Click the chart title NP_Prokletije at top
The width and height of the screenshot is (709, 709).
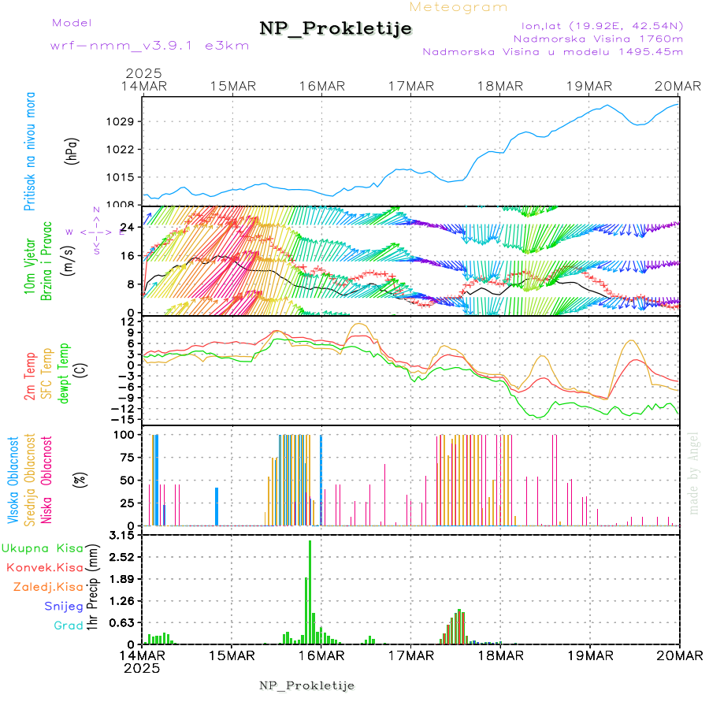click(x=336, y=29)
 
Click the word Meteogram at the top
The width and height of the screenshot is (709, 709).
click(x=458, y=7)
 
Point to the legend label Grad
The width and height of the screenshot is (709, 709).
click(x=68, y=625)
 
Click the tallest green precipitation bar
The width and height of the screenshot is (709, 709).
click(x=310, y=591)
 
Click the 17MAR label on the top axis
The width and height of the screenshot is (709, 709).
click(x=410, y=86)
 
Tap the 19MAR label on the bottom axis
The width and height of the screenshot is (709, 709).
click(x=589, y=655)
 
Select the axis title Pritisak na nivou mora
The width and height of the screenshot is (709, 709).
click(x=30, y=158)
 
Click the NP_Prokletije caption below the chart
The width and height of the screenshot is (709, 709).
click(x=306, y=685)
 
